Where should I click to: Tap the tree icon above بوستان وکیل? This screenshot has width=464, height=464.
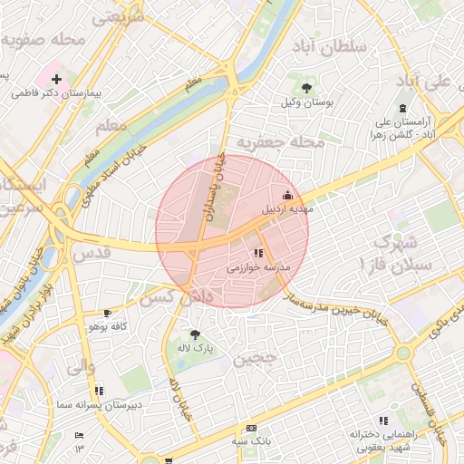click(x=307, y=88)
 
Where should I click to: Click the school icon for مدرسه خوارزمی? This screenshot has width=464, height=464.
click(x=258, y=254)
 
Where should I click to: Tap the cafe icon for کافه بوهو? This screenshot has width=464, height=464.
click(x=108, y=313)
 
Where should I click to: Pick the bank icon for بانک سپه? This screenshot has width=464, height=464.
click(x=251, y=428)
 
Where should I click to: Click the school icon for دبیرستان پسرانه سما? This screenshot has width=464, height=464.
click(x=99, y=391)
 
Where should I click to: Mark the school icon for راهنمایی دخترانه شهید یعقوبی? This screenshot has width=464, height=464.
click(x=383, y=420)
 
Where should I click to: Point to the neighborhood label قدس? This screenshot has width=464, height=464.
click(x=94, y=254)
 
